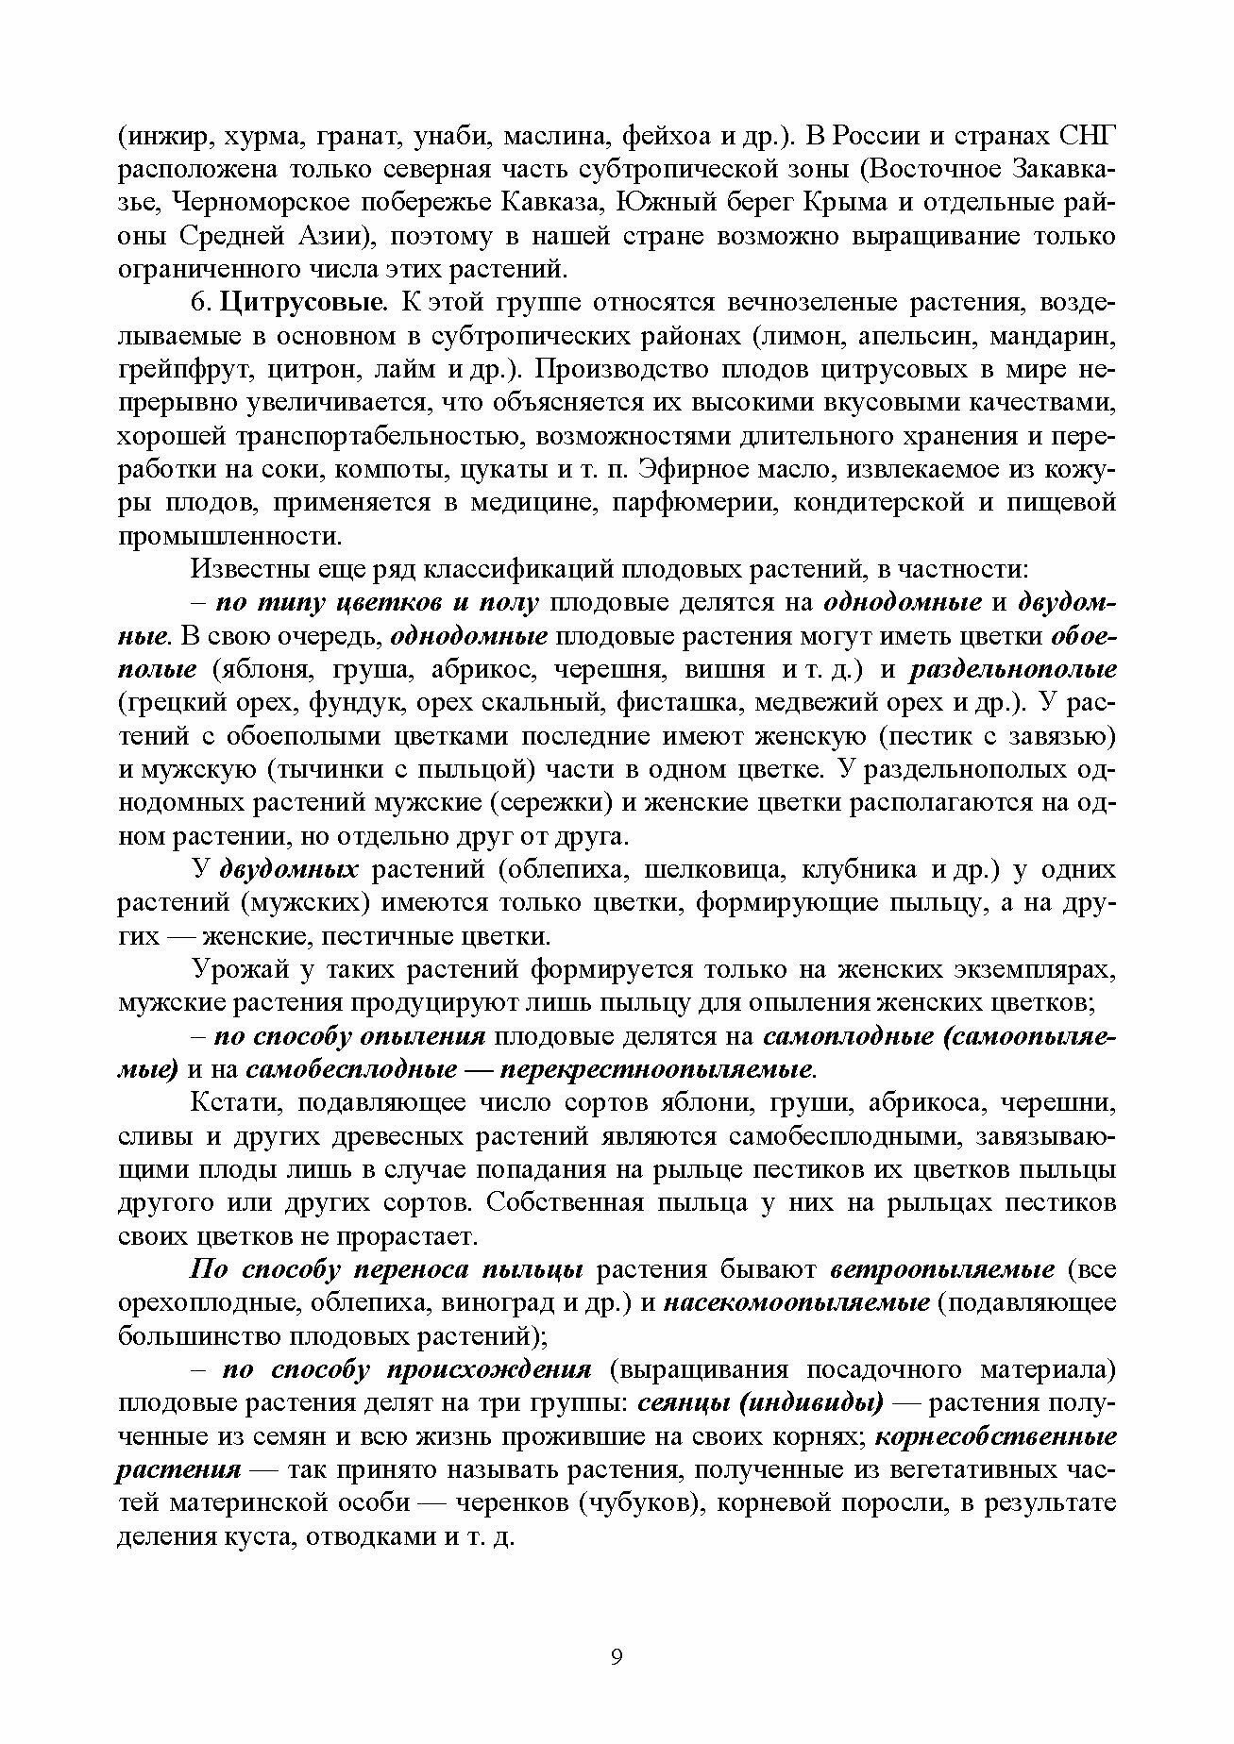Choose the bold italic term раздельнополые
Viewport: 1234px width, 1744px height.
click(x=1013, y=670)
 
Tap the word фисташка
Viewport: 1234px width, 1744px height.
click(x=672, y=703)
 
